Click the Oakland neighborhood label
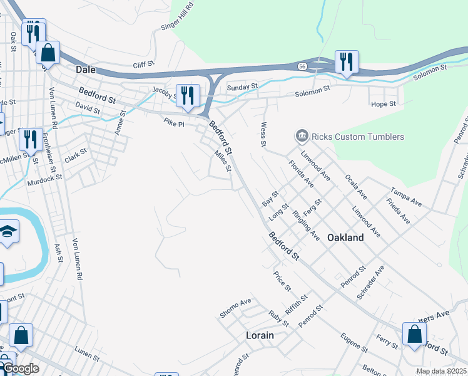click(x=345, y=238)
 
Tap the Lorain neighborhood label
click(x=260, y=335)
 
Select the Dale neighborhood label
click(x=85, y=70)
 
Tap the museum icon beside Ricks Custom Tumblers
click(x=302, y=136)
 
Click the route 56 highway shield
click(x=302, y=66)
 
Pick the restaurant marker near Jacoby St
click(x=187, y=96)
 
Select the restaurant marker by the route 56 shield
click(x=346, y=61)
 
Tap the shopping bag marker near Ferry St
click(x=414, y=334)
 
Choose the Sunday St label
click(x=242, y=87)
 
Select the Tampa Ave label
click(x=406, y=195)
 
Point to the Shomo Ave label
click(x=235, y=307)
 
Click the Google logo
click(x=20, y=368)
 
